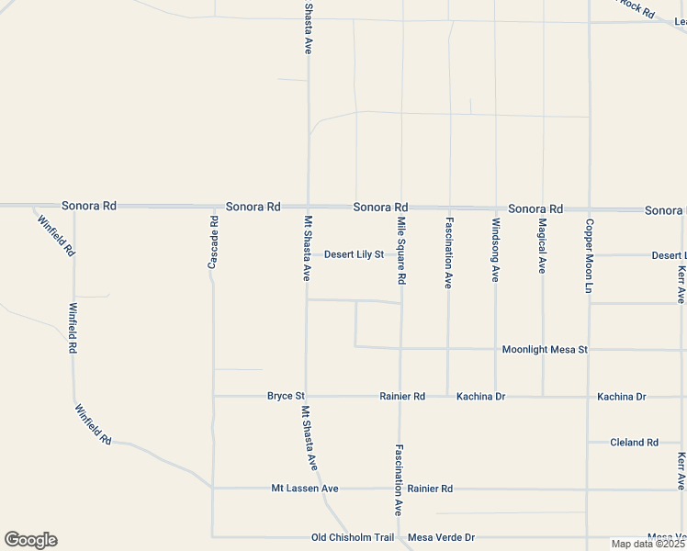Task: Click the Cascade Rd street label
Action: pyautogui.click(x=213, y=242)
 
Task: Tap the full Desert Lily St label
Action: pyautogui.click(x=354, y=254)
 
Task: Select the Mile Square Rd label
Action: pyautogui.click(x=401, y=249)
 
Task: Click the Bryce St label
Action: pyautogui.click(x=286, y=396)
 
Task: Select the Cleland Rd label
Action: pyautogui.click(x=634, y=442)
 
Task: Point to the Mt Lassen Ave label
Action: pyautogui.click(x=305, y=489)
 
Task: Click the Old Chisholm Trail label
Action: pyautogui.click(x=352, y=537)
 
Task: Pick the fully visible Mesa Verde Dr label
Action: pyautogui.click(x=441, y=537)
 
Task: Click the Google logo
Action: pyautogui.click(x=30, y=540)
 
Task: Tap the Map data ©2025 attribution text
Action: pyautogui.click(x=648, y=544)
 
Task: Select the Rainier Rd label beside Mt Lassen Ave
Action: pyautogui.click(x=431, y=489)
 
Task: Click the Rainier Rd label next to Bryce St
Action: pyautogui.click(x=402, y=396)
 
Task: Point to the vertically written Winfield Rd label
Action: pyautogui.click(x=72, y=328)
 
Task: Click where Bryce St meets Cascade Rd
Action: pyautogui.click(x=213, y=396)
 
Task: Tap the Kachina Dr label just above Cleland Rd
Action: pyautogui.click(x=622, y=396)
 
